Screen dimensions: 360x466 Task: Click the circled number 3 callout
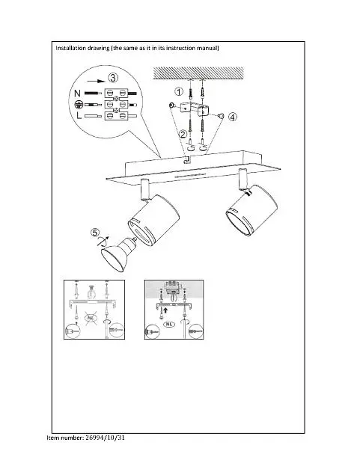click(x=113, y=78)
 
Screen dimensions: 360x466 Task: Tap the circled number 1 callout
click(x=179, y=91)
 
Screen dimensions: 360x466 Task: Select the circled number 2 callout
click(x=183, y=135)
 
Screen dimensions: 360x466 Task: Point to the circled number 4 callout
click(x=233, y=117)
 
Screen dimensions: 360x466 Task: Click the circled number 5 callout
click(x=95, y=233)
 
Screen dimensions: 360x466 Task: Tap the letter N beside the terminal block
click(x=77, y=93)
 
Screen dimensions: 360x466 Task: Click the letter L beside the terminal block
click(x=79, y=115)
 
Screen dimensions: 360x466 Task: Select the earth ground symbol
click(x=78, y=105)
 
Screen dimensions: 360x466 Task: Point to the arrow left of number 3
click(x=97, y=81)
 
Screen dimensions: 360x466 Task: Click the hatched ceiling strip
click(x=198, y=73)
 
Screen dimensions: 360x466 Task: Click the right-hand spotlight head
click(x=251, y=210)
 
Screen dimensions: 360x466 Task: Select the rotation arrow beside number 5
click(x=103, y=242)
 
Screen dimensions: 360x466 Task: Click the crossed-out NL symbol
click(x=91, y=318)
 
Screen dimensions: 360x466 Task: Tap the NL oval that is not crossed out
click(x=169, y=324)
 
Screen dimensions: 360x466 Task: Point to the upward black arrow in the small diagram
click(x=165, y=311)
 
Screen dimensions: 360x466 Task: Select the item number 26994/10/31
click(x=105, y=438)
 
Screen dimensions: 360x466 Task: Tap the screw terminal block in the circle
click(x=116, y=104)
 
